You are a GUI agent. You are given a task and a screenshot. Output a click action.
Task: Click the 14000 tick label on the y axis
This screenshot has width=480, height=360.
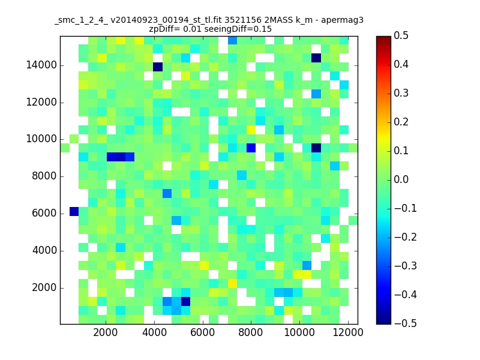pos(41,65)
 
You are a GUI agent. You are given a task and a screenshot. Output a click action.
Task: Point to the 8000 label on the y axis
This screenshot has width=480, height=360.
pos(44,176)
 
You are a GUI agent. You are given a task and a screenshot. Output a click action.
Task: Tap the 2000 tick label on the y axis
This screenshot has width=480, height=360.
pos(44,288)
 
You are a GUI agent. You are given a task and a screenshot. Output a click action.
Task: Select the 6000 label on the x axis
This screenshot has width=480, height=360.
pos(202,332)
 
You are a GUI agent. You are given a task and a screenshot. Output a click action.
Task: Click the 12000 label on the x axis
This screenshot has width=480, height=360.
pos(348,332)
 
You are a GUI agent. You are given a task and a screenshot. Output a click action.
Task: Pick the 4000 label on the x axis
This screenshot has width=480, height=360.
pos(154,332)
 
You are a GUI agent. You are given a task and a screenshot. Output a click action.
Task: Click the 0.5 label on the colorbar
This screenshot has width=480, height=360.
pos(401,35)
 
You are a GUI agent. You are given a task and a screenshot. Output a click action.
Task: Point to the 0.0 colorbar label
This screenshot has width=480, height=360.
pos(401,179)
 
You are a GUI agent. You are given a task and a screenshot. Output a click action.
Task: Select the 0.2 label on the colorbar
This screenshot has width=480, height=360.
pos(401,122)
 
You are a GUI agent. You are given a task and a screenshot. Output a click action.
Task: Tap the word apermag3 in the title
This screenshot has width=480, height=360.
pos(342,21)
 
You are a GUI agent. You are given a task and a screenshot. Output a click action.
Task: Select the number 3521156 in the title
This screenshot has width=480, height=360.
pos(243,20)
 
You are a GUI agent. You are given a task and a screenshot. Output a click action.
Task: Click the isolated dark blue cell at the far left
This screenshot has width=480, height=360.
pos(74,212)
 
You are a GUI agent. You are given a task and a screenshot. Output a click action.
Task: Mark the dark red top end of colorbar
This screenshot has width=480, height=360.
pos(383,38)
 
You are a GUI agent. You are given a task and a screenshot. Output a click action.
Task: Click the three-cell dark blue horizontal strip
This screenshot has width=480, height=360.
pos(121,157)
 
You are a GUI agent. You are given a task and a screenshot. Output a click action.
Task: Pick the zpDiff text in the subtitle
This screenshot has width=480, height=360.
pos(160,29)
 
